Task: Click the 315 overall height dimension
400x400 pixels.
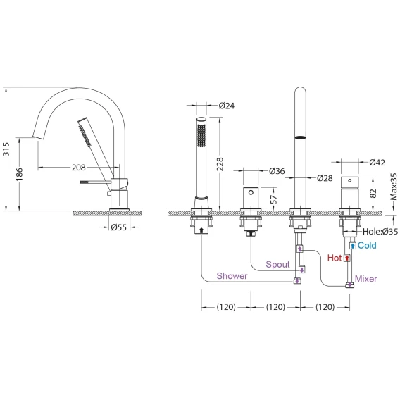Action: point(6,149)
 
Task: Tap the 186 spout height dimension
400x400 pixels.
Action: point(20,175)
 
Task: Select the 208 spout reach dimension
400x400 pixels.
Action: point(79,168)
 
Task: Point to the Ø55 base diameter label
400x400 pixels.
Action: point(118,227)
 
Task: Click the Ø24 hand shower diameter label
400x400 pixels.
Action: point(227,106)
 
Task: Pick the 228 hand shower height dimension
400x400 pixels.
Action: point(220,164)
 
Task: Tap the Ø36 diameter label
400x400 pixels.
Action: point(277,171)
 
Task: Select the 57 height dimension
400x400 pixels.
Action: point(273,199)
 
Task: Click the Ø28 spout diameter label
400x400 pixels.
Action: point(325,178)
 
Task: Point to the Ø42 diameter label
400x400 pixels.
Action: point(377,162)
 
